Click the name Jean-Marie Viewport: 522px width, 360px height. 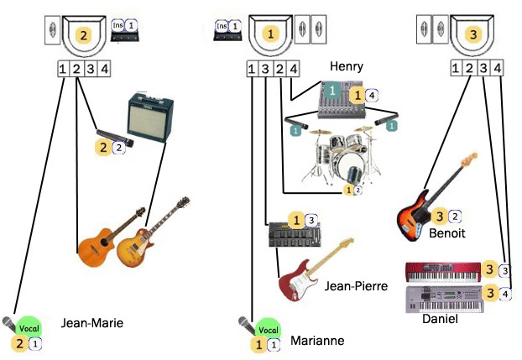pyautogui.click(x=92, y=322)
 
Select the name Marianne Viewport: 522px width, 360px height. pyautogui.click(x=317, y=340)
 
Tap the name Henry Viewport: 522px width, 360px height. pyautogui.click(x=346, y=65)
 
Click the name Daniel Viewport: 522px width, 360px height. pyautogui.click(x=440, y=319)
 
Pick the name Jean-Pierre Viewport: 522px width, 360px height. pyautogui.click(x=356, y=286)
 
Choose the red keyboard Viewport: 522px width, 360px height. pyautogui.click(x=443, y=271)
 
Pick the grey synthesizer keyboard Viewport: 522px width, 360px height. pyautogui.click(x=443, y=298)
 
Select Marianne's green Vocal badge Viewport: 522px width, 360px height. pyautogui.click(x=267, y=329)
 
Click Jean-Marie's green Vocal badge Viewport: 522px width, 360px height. pyautogui.click(x=29, y=329)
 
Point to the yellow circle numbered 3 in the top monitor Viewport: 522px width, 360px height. pyautogui.click(x=475, y=34)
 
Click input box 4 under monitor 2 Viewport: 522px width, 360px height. pyautogui.click(x=104, y=69)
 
